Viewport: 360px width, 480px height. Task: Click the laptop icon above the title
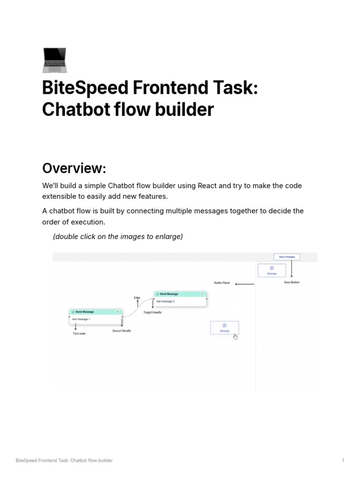[x=54, y=60]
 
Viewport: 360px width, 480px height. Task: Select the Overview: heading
[x=74, y=168]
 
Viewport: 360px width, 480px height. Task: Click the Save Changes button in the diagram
[x=287, y=257]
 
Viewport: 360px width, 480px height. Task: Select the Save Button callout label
[x=292, y=282]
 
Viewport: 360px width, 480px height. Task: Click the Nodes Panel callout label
[x=222, y=283]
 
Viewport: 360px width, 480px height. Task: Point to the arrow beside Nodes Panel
[x=244, y=284]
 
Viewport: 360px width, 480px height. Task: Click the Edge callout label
[x=137, y=298]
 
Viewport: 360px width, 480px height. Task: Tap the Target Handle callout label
[x=152, y=312]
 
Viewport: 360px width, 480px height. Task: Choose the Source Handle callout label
[x=121, y=331]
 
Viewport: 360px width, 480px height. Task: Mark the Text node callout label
[x=79, y=333]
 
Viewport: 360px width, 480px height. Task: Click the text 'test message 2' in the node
[x=165, y=301]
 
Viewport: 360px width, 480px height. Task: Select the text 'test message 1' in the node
[x=81, y=319]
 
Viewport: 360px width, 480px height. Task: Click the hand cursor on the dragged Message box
[x=235, y=337]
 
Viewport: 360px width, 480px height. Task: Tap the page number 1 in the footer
[x=343, y=460]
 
